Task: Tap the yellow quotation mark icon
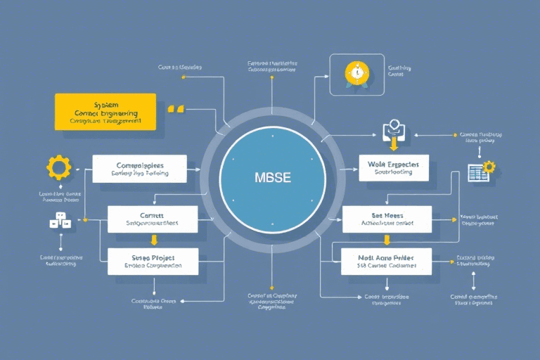[x=176, y=109]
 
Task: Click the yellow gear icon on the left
[x=58, y=167]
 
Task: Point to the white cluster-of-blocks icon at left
[x=60, y=221]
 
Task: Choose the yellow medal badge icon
[x=357, y=74]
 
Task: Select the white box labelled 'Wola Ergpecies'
[x=393, y=167]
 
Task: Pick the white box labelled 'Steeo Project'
[x=153, y=261]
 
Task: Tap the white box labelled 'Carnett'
[x=153, y=219]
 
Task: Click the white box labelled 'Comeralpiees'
[x=139, y=168]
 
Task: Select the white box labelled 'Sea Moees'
[x=387, y=219]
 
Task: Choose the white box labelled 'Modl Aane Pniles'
[x=386, y=261]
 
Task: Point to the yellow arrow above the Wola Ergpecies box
[x=393, y=145]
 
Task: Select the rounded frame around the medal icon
[x=357, y=75]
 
